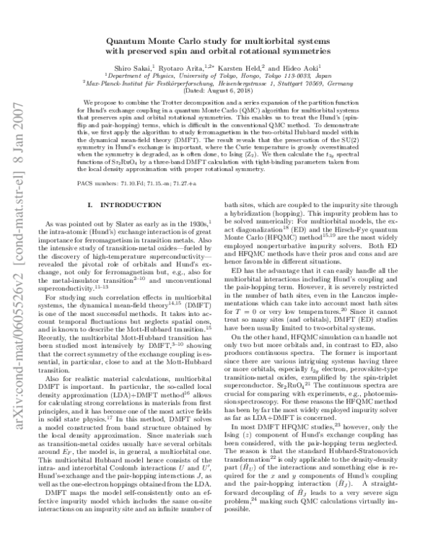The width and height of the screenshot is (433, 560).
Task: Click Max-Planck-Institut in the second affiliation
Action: click(120, 82)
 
